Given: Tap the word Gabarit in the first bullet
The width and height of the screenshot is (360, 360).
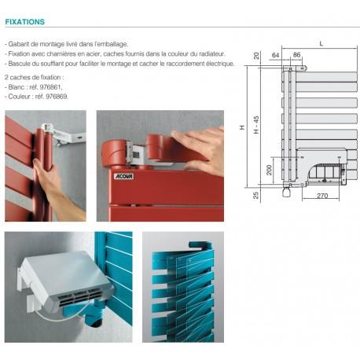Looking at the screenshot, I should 20,45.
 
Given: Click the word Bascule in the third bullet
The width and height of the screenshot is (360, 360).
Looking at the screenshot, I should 20,63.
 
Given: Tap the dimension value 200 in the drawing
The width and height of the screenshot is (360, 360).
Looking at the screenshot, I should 269,169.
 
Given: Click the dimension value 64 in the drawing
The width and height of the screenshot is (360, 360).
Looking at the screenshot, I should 275,55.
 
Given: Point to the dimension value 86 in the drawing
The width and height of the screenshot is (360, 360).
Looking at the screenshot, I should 296,55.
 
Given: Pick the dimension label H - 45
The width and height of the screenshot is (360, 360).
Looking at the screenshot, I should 256,123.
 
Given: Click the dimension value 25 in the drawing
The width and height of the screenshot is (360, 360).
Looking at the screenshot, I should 256,194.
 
